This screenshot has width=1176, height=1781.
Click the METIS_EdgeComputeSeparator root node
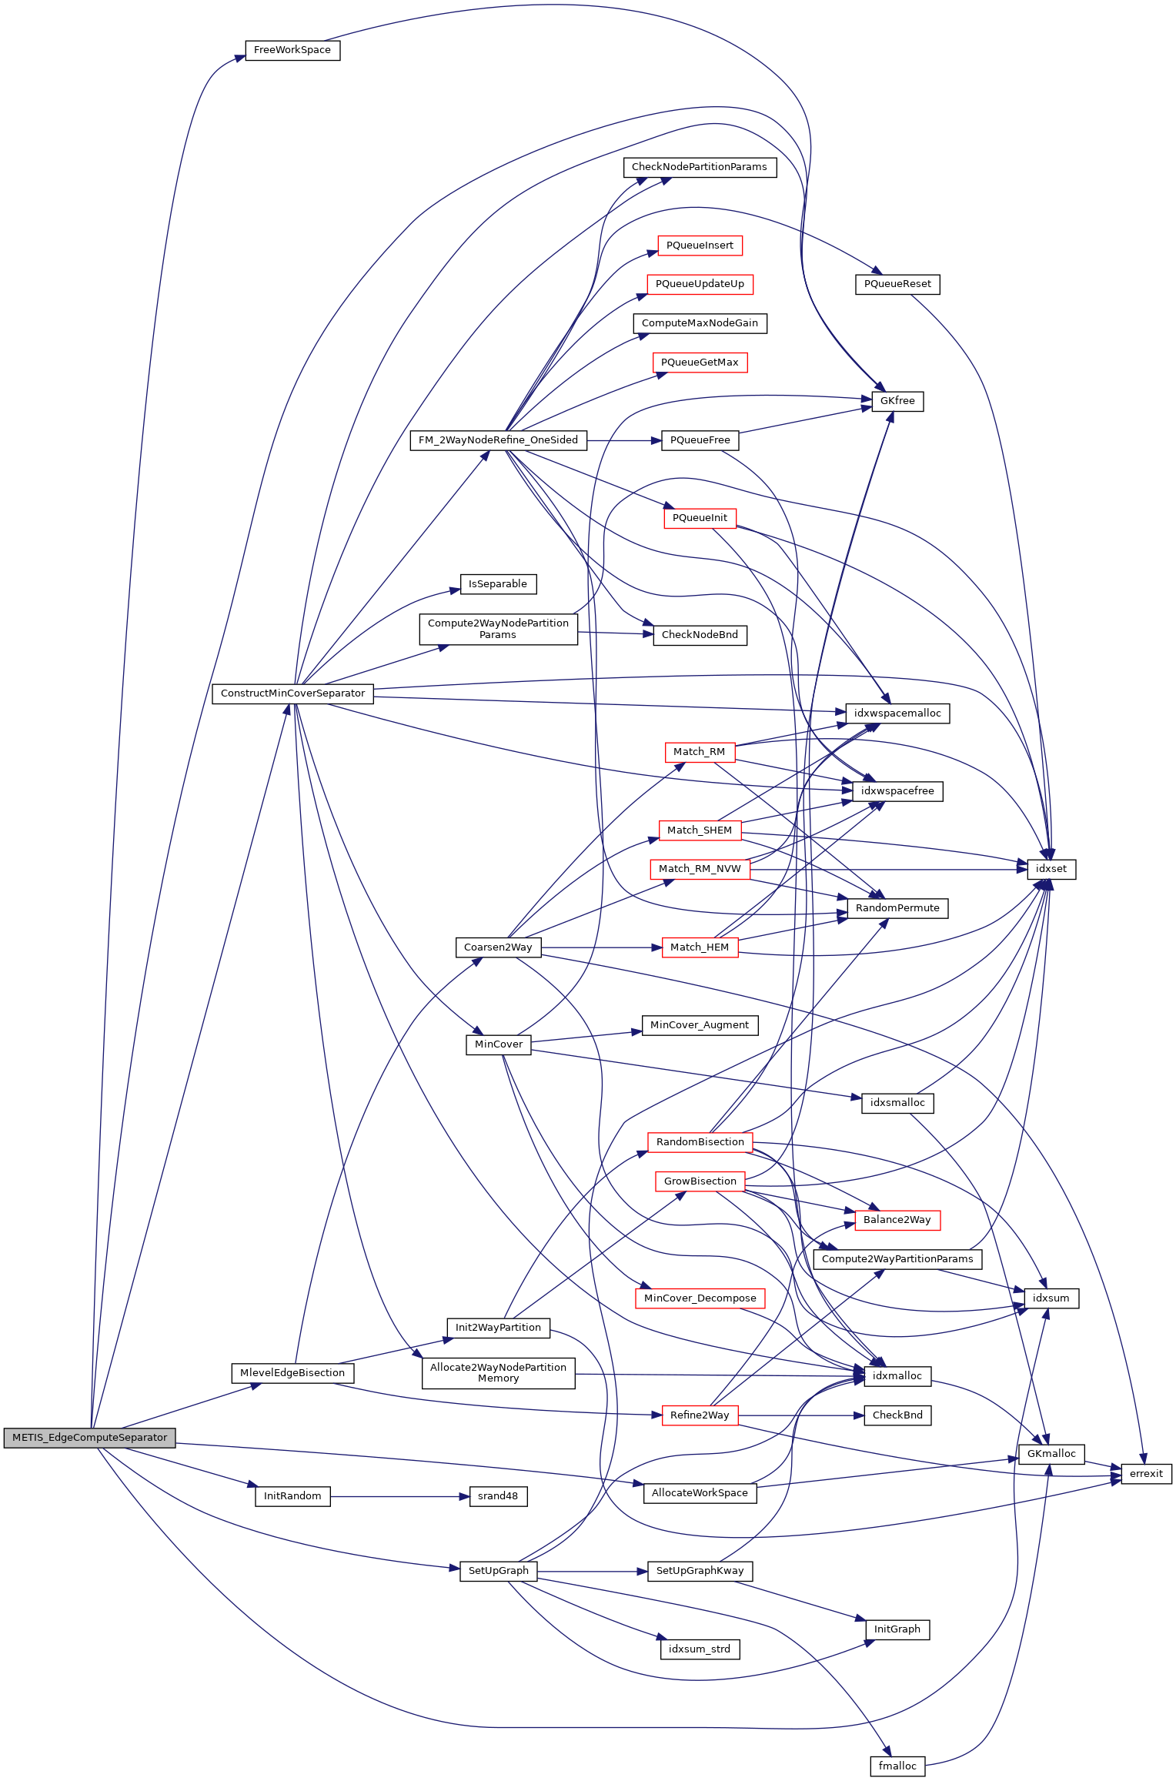(89, 1437)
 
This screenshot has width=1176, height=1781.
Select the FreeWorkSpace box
(292, 50)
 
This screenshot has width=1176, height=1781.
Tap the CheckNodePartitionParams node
(699, 167)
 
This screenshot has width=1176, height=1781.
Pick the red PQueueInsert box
(700, 246)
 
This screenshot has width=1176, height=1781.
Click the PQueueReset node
(897, 284)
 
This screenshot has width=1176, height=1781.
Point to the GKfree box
(897, 401)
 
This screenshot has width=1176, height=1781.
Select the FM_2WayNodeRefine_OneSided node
(498, 440)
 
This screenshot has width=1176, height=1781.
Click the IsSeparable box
(498, 584)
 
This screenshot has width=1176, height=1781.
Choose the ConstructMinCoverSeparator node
(292, 693)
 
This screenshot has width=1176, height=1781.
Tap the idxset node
(1051, 869)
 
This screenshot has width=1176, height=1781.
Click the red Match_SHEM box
(699, 830)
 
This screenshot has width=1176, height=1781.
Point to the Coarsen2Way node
(498, 947)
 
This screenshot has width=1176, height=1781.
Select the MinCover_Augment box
(699, 1025)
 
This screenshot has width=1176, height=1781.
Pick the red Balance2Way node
(897, 1220)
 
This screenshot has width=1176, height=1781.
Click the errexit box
(1146, 1474)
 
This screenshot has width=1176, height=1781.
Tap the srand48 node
(498, 1496)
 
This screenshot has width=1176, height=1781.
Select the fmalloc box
(897, 1766)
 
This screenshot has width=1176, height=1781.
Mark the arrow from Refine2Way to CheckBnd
(800, 1415)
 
